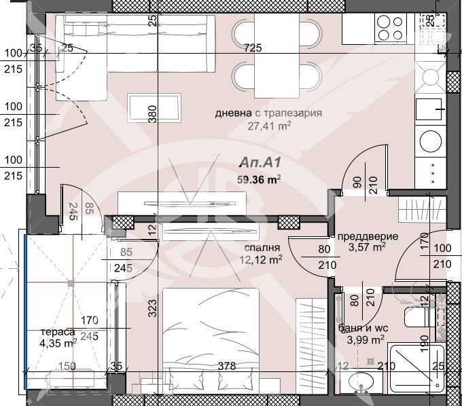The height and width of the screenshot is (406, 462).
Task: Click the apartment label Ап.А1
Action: (260, 162)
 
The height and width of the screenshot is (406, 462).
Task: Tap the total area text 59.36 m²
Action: (259, 179)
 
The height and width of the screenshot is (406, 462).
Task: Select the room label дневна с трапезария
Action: (268, 113)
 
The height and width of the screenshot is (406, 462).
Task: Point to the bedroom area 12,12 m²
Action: (261, 259)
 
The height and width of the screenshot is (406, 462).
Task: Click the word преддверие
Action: (368, 236)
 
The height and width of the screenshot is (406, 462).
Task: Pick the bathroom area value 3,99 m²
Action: (366, 339)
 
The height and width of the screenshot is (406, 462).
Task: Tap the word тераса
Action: (58, 332)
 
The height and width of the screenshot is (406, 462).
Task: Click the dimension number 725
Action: (253, 48)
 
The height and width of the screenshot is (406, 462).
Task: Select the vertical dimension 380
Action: (152, 114)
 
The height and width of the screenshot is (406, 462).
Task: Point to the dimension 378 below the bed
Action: (227, 366)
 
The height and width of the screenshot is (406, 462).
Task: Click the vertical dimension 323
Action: (152, 308)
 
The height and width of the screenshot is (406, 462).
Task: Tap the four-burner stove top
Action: (390, 28)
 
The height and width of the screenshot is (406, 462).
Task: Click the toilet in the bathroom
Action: (419, 317)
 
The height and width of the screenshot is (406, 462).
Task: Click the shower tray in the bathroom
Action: (416, 368)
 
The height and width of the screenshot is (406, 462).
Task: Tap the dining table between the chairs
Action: (277, 56)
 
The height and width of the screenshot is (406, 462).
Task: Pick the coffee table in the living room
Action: (154, 108)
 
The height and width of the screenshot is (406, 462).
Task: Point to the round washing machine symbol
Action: (431, 141)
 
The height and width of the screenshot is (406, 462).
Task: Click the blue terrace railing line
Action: (26, 312)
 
